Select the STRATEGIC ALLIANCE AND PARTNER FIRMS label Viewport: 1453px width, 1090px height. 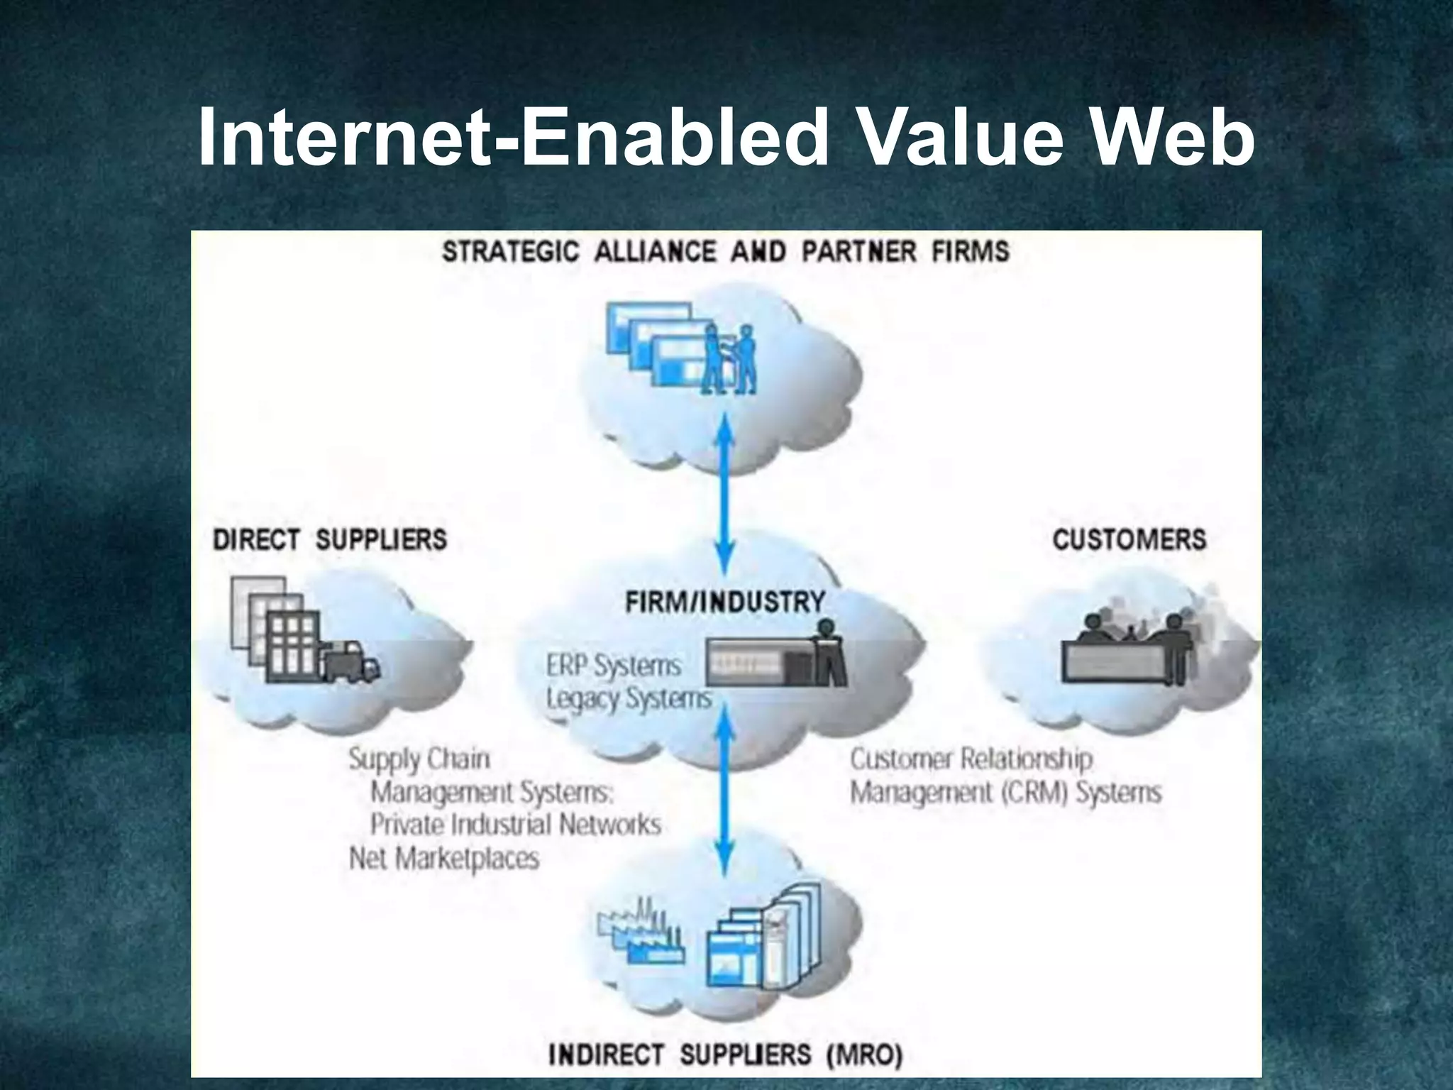(725, 252)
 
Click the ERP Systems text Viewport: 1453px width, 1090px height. (614, 666)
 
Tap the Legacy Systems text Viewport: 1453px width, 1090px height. (629, 698)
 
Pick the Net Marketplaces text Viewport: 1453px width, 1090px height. (444, 859)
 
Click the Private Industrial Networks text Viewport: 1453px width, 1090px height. (516, 825)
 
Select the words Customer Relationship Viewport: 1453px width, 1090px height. (971, 759)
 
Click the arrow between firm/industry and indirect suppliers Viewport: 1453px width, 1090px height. (724, 795)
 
